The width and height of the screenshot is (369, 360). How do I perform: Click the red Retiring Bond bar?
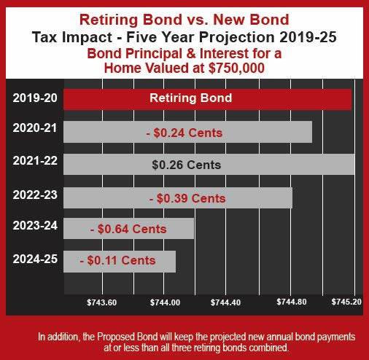point(207,99)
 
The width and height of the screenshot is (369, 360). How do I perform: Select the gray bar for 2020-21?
point(187,132)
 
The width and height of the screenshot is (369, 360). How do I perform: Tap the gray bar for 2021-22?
point(209,164)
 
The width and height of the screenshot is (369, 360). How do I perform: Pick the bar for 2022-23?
point(178,197)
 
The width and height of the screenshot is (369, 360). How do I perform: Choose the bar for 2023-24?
point(128,228)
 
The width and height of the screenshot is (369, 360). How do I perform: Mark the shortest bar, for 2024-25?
point(120,262)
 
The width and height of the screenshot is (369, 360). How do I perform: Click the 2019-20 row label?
point(35,98)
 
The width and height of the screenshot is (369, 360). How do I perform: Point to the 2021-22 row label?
point(35,160)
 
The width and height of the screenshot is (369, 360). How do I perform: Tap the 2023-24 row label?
point(35,225)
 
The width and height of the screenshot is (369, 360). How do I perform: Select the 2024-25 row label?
point(35,259)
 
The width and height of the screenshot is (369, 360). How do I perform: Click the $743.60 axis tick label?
point(102,302)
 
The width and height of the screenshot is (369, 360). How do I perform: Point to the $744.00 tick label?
point(165,302)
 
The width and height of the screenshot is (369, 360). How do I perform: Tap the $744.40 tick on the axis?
point(225,302)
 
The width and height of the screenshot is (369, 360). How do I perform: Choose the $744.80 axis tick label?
point(292,302)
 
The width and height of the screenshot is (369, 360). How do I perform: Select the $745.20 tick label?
point(346,302)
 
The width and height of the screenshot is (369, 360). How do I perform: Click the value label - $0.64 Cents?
point(128,229)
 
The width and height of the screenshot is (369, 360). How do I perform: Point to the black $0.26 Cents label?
point(187,165)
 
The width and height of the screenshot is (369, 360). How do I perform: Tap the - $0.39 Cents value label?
point(187,198)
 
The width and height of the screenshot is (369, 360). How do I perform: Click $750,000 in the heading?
point(236,68)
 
